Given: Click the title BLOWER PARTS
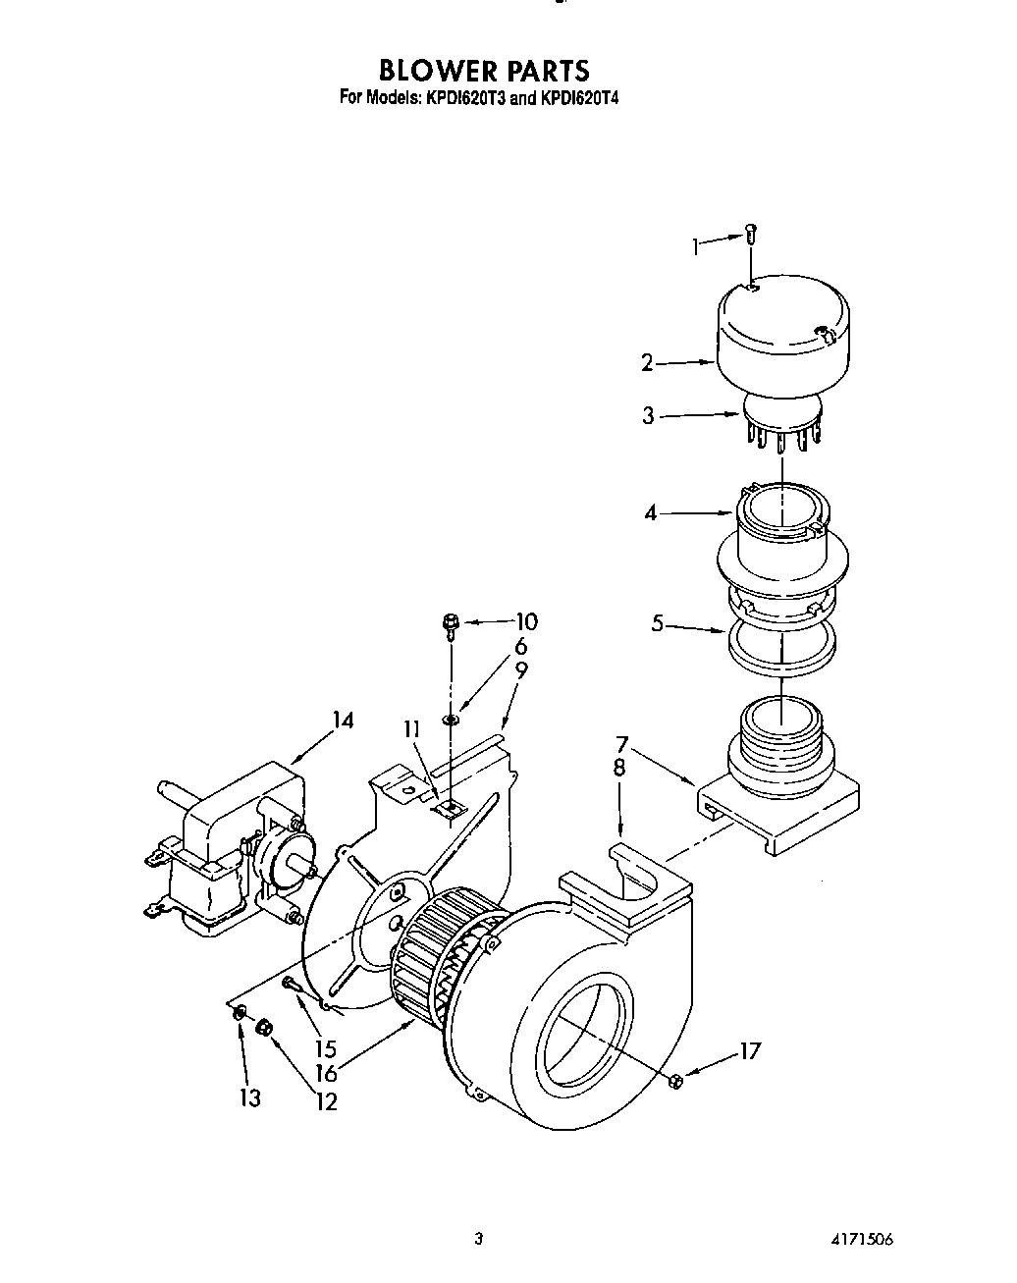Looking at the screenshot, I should tap(484, 71).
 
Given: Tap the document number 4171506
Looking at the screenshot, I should tap(861, 1239).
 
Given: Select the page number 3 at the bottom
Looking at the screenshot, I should tap(478, 1239).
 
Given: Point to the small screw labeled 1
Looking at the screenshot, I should tap(751, 233).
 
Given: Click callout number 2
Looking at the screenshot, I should tap(647, 363).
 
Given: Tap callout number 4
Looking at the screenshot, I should tap(650, 512).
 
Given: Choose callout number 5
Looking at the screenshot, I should tap(658, 622).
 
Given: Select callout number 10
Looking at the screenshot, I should tap(526, 621).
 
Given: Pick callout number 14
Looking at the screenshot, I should tap(342, 721).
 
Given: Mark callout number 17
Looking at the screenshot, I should tap(749, 1052).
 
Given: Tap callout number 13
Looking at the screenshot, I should tap(250, 1096).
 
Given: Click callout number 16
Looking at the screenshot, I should tap(326, 1073).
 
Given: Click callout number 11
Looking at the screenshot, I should tap(411, 729).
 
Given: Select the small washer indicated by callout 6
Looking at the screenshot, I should tap(451, 722).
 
